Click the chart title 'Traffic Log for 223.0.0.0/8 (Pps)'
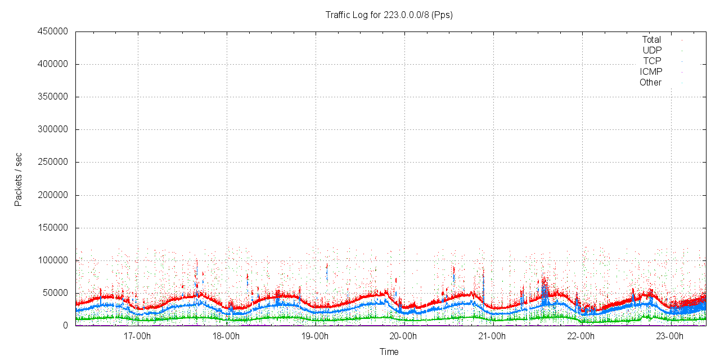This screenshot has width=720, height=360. [389, 15]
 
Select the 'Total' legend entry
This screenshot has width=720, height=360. [651, 40]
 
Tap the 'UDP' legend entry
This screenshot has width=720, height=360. [652, 51]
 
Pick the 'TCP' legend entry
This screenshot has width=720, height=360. [652, 61]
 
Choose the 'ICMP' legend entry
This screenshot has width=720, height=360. [651, 72]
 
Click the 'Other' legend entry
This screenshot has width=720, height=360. [650, 83]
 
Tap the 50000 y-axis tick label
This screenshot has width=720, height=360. [54, 293]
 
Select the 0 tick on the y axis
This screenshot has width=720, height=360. [65, 326]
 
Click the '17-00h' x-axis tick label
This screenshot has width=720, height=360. [137, 337]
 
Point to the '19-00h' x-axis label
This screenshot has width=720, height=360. [315, 337]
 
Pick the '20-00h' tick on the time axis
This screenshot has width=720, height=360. [404, 337]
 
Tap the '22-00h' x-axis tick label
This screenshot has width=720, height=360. [582, 337]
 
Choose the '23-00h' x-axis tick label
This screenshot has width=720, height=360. [670, 337]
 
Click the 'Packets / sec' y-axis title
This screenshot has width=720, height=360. [19, 179]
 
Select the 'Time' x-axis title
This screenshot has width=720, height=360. [389, 352]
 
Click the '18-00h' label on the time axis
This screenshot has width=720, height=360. [226, 337]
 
